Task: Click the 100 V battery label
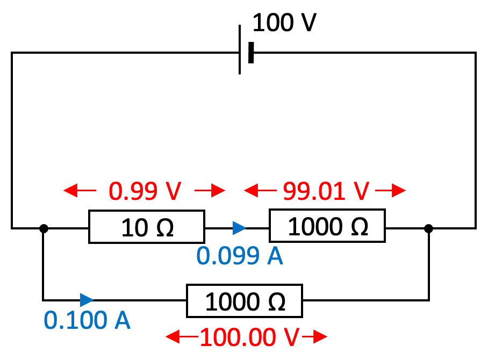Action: tap(284, 23)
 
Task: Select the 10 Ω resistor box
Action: tap(146, 228)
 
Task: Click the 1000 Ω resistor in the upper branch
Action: tap(327, 227)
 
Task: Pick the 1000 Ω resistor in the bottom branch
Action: tap(245, 302)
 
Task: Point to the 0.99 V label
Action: tap(145, 191)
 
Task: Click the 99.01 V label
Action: tap(326, 191)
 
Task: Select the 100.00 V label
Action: tap(249, 337)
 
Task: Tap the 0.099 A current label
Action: tap(240, 256)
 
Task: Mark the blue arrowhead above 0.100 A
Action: tap(87, 300)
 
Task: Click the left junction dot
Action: tap(44, 228)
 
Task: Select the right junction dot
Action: tap(428, 228)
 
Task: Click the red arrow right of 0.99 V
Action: tap(210, 190)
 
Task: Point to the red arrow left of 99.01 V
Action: tap(259, 190)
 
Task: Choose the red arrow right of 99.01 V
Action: tap(391, 190)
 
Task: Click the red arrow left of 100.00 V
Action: tap(181, 337)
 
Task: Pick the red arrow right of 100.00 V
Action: tap(314, 337)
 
